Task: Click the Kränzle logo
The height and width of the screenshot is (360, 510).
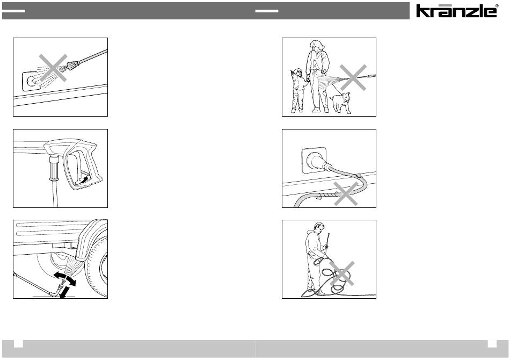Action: pyautogui.click(x=457, y=10)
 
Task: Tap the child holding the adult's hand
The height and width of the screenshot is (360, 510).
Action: pyautogui.click(x=298, y=90)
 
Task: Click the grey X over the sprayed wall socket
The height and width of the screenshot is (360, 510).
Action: pyautogui.click(x=53, y=68)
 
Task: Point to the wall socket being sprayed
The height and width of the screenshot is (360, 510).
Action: pyautogui.click(x=32, y=81)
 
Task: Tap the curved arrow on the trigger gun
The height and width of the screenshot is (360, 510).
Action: pyautogui.click(x=84, y=180)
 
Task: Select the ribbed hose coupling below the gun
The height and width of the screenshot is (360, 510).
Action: pyautogui.click(x=53, y=168)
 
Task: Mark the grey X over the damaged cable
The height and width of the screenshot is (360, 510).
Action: pyautogui.click(x=346, y=193)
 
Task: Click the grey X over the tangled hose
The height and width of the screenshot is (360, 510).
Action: pyautogui.click(x=342, y=273)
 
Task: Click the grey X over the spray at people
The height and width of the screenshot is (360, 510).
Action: pyautogui.click(x=353, y=77)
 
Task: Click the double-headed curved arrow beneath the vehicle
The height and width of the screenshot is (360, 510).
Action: pyautogui.click(x=65, y=279)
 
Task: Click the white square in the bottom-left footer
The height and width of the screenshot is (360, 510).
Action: pyautogui.click(x=18, y=344)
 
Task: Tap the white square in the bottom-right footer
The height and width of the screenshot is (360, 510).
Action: pyautogui.click(x=492, y=344)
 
